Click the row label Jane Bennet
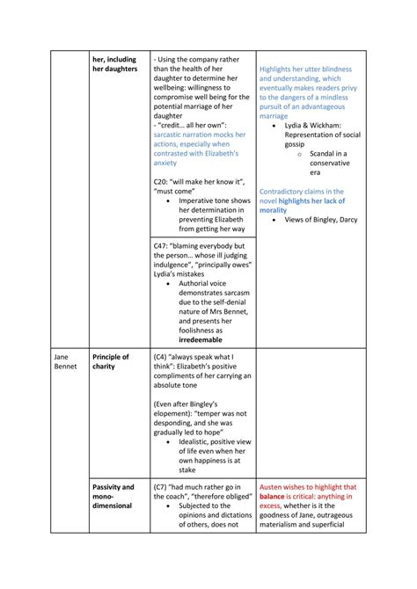[63, 361]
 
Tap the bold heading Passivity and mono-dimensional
[113, 496]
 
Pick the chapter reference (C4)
[163, 357]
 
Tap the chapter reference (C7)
[163, 486]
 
